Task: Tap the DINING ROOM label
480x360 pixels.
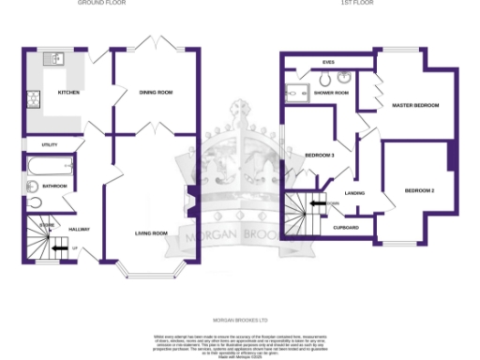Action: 156,93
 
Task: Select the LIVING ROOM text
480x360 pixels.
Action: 150,232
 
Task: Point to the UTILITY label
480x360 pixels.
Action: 50,144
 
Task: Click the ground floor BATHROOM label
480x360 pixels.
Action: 54,186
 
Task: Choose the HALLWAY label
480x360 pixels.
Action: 78,229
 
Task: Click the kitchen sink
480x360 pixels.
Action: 55,59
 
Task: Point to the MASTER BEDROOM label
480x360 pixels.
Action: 415,105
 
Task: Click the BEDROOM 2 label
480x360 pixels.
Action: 420,190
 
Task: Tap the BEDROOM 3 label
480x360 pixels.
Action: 320,155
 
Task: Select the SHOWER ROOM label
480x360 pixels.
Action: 331,93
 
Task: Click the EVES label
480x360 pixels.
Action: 328,62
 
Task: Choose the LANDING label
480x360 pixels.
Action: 354,193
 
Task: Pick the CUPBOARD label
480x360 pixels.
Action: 346,227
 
